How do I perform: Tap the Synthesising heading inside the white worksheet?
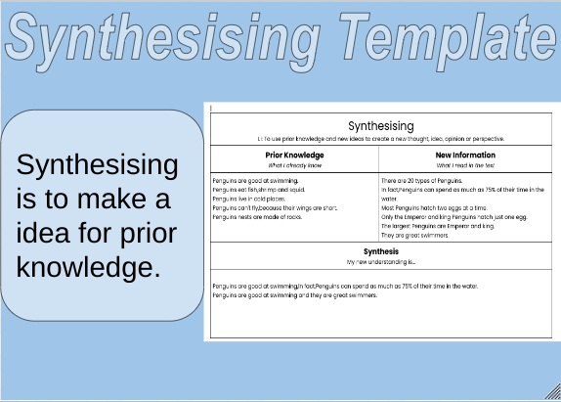pyautogui.click(x=381, y=125)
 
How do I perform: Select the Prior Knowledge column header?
pyautogui.click(x=294, y=155)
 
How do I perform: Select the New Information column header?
pyautogui.click(x=465, y=155)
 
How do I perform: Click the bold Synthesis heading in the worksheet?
pyautogui.click(x=381, y=252)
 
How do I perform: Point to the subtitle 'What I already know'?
pyautogui.click(x=294, y=164)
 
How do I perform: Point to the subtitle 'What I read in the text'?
pyautogui.click(x=465, y=164)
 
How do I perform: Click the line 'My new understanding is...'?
pyautogui.click(x=381, y=262)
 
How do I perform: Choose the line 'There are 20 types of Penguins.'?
pyautogui.click(x=422, y=182)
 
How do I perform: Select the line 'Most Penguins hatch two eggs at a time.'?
pyautogui.click(x=433, y=208)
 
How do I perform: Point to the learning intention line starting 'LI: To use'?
pyautogui.click(x=381, y=139)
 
